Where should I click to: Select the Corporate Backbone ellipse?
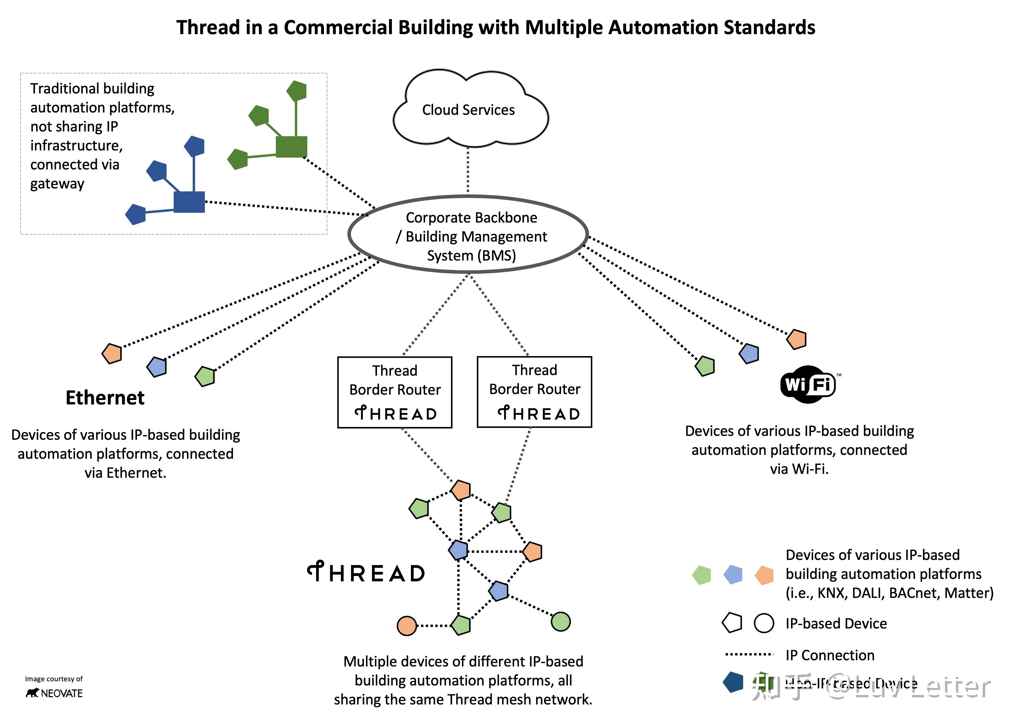(468, 235)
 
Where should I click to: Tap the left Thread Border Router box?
(395, 392)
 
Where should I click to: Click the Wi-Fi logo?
(808, 384)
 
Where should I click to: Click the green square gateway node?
(291, 147)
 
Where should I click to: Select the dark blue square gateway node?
(189, 202)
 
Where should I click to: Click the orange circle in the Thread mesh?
(407, 626)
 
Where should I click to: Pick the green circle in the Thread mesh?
(561, 622)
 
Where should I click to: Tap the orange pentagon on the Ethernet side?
(112, 354)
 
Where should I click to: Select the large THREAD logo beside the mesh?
(366, 573)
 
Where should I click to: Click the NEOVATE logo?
(54, 693)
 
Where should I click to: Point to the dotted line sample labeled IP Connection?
(749, 655)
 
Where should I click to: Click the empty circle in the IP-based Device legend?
(764, 623)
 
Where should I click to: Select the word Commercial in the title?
(338, 28)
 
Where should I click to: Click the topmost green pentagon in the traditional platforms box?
(297, 91)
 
